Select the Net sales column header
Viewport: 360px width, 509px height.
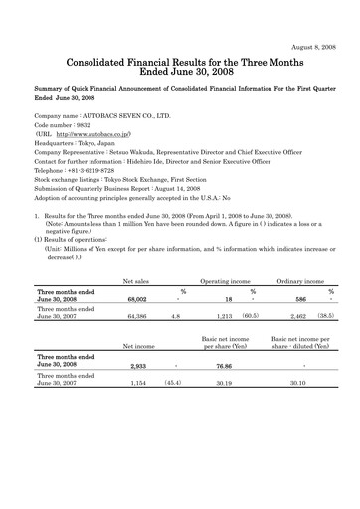[x=108, y=281]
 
